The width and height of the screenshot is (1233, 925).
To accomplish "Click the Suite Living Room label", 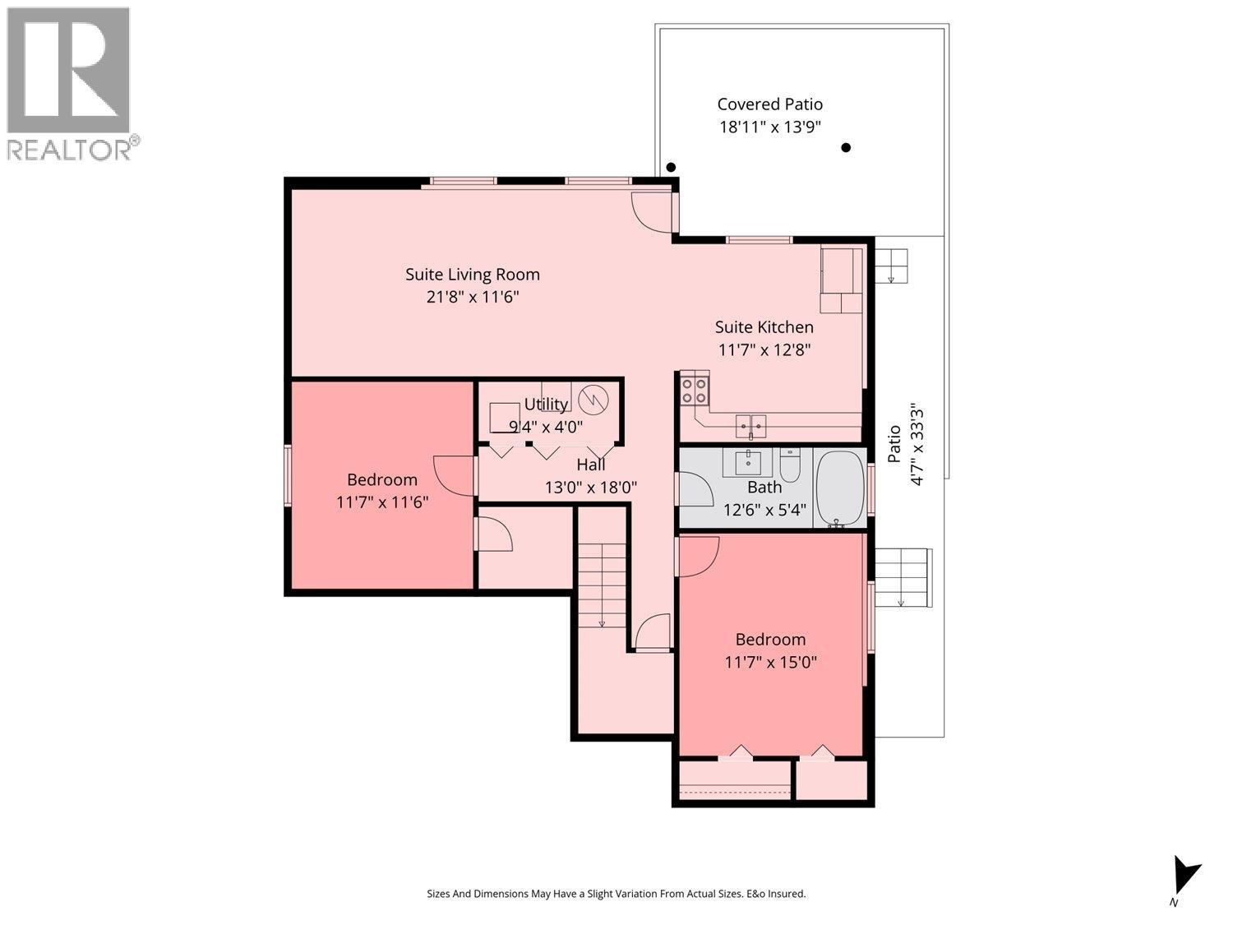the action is click(x=473, y=275).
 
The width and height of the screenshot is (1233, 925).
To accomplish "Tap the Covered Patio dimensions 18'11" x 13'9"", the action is click(x=770, y=127).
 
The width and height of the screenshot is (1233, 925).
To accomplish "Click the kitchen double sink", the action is click(x=750, y=426).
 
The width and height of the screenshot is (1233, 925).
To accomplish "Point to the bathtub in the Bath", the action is click(x=840, y=488).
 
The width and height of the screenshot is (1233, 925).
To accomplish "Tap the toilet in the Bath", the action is click(x=790, y=465).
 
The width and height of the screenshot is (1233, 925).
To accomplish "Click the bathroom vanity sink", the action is click(x=748, y=463).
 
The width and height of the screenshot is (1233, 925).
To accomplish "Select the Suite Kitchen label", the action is click(x=764, y=327).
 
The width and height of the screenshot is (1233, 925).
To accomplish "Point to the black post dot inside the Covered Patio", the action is click(x=845, y=148).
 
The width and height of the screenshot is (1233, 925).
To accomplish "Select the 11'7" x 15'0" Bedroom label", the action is click(x=770, y=651).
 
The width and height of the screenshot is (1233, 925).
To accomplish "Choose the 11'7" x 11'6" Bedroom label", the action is click(x=382, y=491).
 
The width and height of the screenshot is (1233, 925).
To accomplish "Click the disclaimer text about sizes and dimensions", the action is click(x=616, y=894).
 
